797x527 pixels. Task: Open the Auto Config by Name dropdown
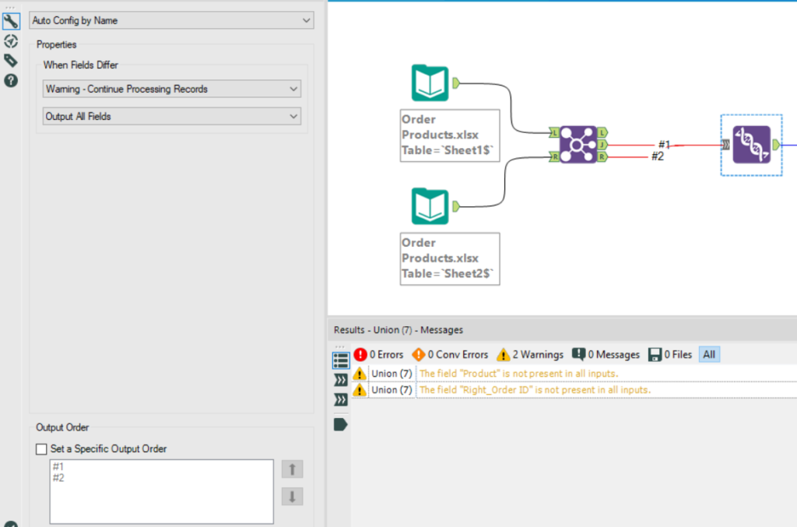tap(171, 20)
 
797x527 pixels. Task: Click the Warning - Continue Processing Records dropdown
tap(171, 90)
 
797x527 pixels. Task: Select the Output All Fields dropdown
tap(171, 117)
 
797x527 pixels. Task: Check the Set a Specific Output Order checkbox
tap(42, 449)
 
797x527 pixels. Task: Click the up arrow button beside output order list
tap(292, 469)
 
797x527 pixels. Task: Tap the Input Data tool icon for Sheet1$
tap(430, 83)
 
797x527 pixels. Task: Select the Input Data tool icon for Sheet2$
tap(430, 206)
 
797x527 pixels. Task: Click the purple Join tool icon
tap(578, 145)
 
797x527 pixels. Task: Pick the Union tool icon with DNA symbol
tap(751, 145)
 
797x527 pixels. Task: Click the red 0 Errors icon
tap(360, 354)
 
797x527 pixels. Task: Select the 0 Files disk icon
tap(655, 354)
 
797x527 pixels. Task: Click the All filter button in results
tap(708, 355)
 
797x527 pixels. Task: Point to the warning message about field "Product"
tap(518, 374)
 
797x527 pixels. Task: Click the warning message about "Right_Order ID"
tap(535, 390)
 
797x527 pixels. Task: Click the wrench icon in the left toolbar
tap(11, 22)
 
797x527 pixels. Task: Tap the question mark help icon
tap(11, 80)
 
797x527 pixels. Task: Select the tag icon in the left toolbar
tap(11, 61)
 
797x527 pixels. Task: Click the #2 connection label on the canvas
tap(658, 156)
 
